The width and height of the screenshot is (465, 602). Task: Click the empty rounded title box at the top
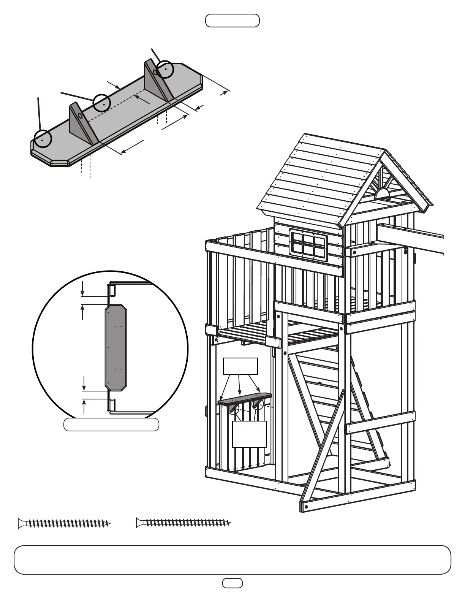coord(232,21)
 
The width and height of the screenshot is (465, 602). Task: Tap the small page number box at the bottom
coord(232,583)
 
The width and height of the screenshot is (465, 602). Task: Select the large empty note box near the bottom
coord(232,559)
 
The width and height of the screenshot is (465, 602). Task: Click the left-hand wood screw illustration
coord(64,523)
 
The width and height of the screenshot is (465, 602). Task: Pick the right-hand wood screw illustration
coord(183,523)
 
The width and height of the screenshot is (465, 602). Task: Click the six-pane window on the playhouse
coord(308,245)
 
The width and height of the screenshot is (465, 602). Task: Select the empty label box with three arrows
coord(240,366)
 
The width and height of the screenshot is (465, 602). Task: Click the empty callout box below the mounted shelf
coord(249,434)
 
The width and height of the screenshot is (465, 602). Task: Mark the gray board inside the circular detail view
coord(115,347)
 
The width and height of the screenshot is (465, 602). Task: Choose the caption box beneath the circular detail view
coord(111,425)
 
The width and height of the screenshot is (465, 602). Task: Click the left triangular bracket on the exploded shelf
coord(81,122)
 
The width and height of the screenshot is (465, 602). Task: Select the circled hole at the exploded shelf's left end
coord(43,138)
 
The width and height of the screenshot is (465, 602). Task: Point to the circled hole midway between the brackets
coord(102,102)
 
